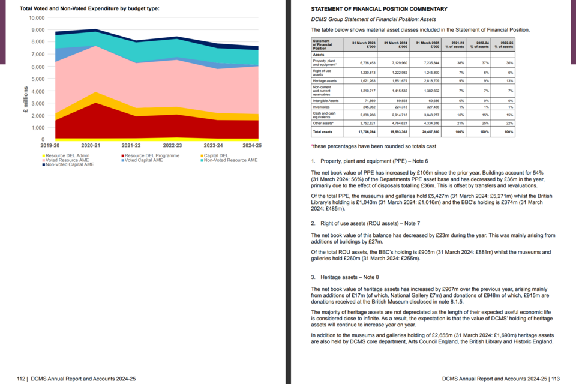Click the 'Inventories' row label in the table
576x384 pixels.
coord(322,107)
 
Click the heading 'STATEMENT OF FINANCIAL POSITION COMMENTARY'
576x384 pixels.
coord(379,9)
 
